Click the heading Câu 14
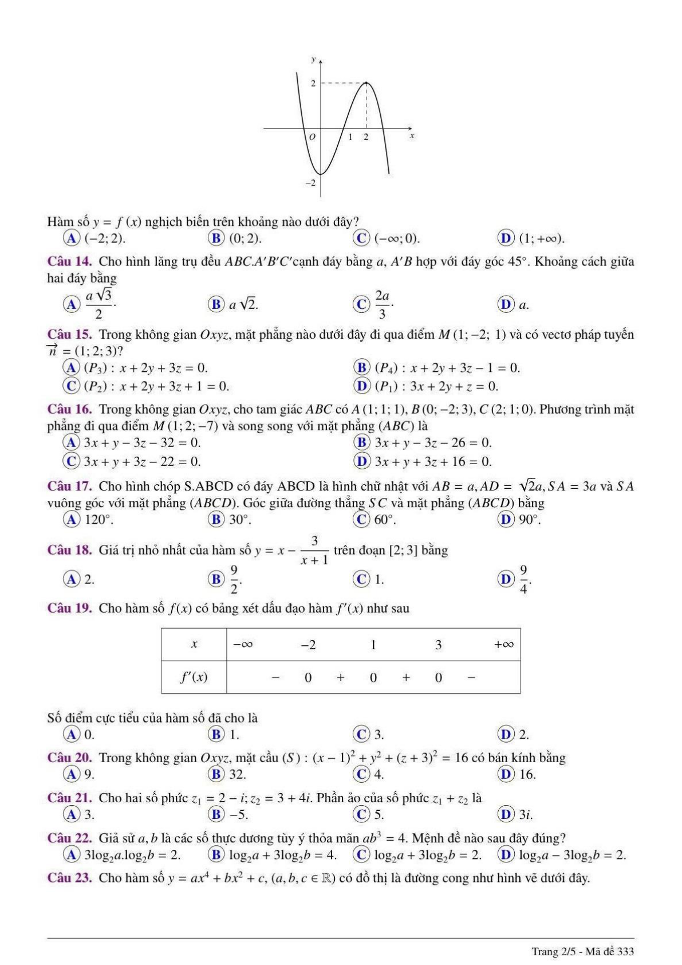(x=69, y=262)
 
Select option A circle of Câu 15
(x=71, y=367)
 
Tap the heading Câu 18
(x=69, y=550)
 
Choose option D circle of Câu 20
(x=506, y=774)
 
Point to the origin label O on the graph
(x=312, y=138)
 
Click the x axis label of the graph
(x=412, y=136)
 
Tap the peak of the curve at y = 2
(x=366, y=83)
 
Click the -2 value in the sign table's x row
(x=308, y=645)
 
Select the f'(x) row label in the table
(x=194, y=677)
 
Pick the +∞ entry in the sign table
(x=503, y=645)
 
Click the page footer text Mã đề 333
(x=611, y=951)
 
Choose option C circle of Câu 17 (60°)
(x=361, y=519)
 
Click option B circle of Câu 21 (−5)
(x=216, y=814)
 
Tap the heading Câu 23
(x=69, y=878)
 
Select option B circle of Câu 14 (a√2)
(x=216, y=304)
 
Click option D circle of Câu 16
(x=361, y=461)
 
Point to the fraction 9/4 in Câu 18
(x=523, y=579)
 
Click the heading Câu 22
(x=69, y=838)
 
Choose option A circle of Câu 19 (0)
(x=71, y=734)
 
